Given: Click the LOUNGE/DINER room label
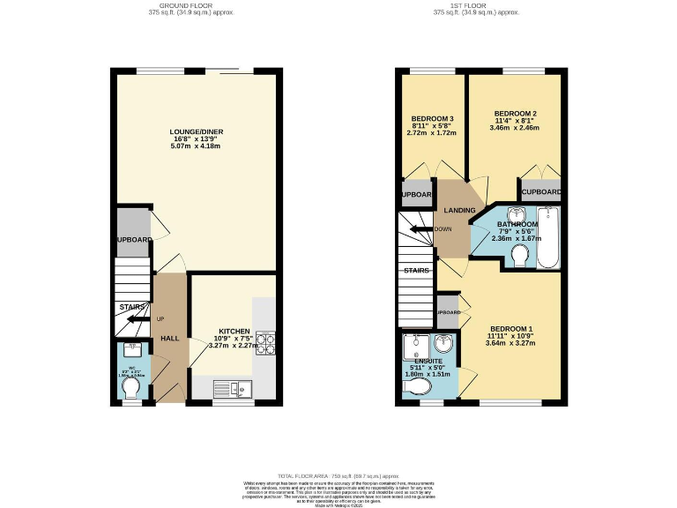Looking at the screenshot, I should (197, 132).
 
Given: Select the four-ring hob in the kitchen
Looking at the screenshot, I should (265, 340).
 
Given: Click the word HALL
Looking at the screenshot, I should (169, 339).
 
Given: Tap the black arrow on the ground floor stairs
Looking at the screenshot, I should (138, 319).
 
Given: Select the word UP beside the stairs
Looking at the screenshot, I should (160, 318).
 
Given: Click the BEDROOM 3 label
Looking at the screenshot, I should (432, 119).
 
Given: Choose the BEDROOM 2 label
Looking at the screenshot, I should (515, 114).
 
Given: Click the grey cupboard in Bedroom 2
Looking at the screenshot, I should (540, 191).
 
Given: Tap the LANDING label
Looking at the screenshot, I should (459, 210).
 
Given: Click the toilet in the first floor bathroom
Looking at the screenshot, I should (519, 256).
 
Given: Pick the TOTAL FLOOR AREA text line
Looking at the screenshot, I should (338, 474).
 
